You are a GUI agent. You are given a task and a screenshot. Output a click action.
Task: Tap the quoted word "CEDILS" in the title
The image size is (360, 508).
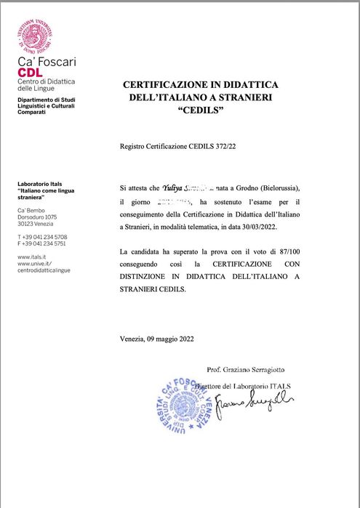pos(200,110)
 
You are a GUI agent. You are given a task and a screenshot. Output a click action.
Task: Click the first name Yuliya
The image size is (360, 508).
pos(171,188)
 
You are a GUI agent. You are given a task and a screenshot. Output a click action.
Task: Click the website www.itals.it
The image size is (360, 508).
pos(33,257)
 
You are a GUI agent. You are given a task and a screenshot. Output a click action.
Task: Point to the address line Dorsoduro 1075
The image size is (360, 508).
pos(37,217)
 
